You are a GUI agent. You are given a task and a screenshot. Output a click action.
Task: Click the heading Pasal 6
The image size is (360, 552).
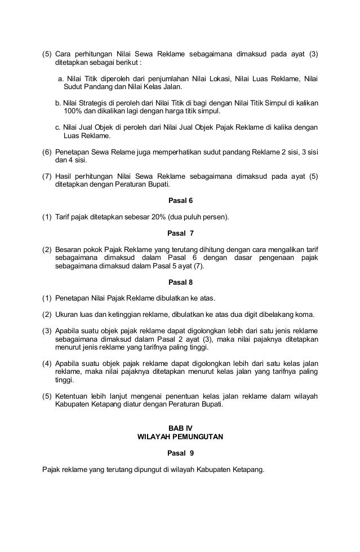click(x=180, y=200)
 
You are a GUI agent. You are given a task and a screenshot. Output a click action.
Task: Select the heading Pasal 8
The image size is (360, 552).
click(x=180, y=281)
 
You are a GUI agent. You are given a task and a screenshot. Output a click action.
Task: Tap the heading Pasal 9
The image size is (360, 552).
click(x=180, y=453)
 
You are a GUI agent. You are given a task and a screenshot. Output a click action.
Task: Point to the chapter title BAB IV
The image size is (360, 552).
click(x=180, y=427)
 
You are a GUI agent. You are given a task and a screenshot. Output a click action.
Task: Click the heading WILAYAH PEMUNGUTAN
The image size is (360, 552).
click(x=180, y=436)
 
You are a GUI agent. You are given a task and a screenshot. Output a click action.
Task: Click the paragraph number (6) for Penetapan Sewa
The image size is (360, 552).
click(x=47, y=152)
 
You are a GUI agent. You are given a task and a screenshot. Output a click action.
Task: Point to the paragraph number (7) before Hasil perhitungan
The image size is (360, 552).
click(x=47, y=176)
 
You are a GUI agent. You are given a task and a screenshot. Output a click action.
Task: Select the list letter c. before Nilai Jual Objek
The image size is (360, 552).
click(x=59, y=127)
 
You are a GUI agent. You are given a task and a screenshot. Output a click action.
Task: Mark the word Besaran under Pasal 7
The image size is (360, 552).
click(x=69, y=249)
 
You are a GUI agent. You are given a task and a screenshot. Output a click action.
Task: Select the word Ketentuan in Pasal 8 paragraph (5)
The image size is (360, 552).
click(x=73, y=396)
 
